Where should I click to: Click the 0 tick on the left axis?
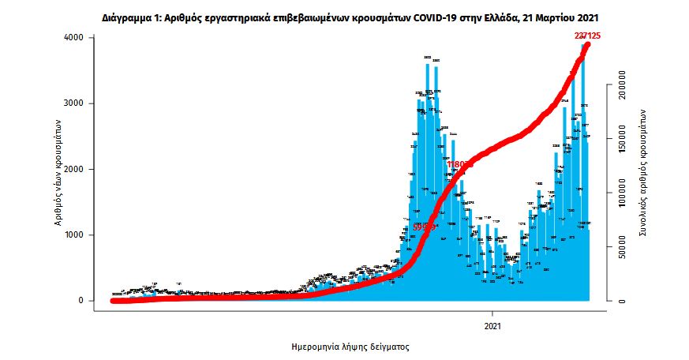[81, 301]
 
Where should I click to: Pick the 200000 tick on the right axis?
[622, 84]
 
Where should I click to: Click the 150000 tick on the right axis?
[622, 138]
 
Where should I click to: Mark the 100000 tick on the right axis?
[622, 193]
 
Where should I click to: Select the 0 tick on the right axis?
[622, 301]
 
